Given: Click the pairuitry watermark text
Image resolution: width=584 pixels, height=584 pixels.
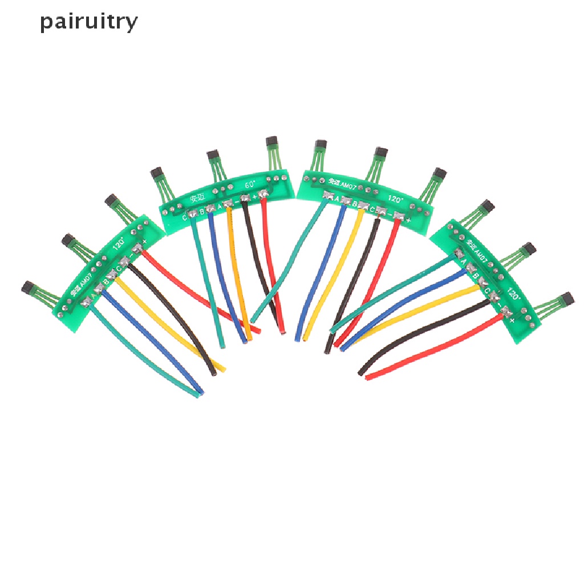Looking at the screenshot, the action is click(x=89, y=22).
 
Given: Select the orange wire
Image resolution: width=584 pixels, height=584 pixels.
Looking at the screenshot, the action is click(x=238, y=274).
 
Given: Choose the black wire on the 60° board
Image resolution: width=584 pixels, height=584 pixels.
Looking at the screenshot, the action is click(x=257, y=262).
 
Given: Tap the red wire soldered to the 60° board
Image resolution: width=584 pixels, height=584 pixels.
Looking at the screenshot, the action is click(x=273, y=262).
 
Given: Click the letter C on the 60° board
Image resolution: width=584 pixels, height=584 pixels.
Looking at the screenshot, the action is click(x=184, y=217).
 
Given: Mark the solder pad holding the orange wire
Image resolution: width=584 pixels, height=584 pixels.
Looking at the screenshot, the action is click(x=228, y=204).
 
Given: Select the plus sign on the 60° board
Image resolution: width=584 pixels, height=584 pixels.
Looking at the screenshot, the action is click(x=254, y=198).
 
